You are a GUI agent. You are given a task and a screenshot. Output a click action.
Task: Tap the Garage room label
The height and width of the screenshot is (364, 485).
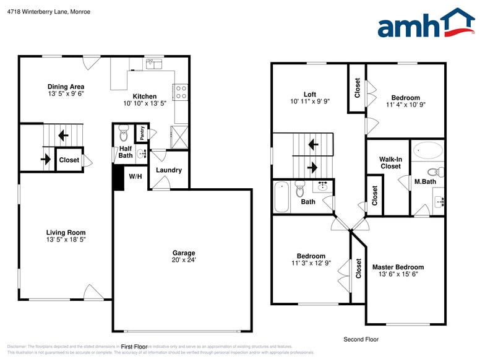pos(184,253)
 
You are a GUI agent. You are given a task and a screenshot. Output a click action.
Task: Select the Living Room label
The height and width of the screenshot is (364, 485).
pos(66,233)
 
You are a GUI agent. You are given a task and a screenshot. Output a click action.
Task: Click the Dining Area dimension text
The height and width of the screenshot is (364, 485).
pos(66,94)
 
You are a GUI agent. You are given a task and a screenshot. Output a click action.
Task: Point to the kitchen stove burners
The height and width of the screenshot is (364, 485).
pos(181,93)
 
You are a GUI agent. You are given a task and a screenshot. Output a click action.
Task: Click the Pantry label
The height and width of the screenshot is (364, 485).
pos(142,133)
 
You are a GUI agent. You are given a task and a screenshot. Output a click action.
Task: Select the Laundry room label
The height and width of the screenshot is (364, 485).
pos(168,170)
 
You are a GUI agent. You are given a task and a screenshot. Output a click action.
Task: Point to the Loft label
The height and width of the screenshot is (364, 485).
pos(310,95)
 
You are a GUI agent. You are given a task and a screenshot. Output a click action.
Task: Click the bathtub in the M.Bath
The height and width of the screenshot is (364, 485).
pos(428,150)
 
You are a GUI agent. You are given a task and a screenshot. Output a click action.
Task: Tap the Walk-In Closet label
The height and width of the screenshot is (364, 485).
pos(390,163)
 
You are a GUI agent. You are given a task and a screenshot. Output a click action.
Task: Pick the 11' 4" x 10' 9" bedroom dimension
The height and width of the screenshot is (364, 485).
pos(405,105)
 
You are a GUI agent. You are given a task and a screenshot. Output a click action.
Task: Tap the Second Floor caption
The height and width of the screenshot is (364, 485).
pos(361,339)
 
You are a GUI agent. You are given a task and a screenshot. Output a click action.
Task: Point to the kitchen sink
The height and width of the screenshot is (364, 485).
pos(153,63)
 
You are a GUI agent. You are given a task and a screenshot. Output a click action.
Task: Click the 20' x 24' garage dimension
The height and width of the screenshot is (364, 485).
pos(184,260)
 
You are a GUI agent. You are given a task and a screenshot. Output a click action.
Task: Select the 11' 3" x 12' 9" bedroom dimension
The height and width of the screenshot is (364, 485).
pos(311,263)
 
